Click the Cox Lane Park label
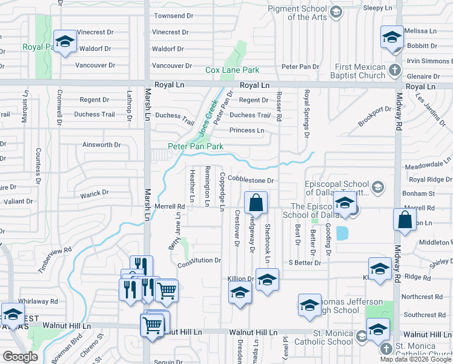(x=232, y=70)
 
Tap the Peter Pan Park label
(x=196, y=146)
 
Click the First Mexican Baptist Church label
(x=360, y=71)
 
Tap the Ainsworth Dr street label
(x=101, y=145)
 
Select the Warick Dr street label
(x=94, y=194)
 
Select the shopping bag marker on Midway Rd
(x=405, y=220)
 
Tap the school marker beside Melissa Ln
(x=391, y=37)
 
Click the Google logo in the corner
(x=19, y=356)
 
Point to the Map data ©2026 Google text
(x=415, y=359)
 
